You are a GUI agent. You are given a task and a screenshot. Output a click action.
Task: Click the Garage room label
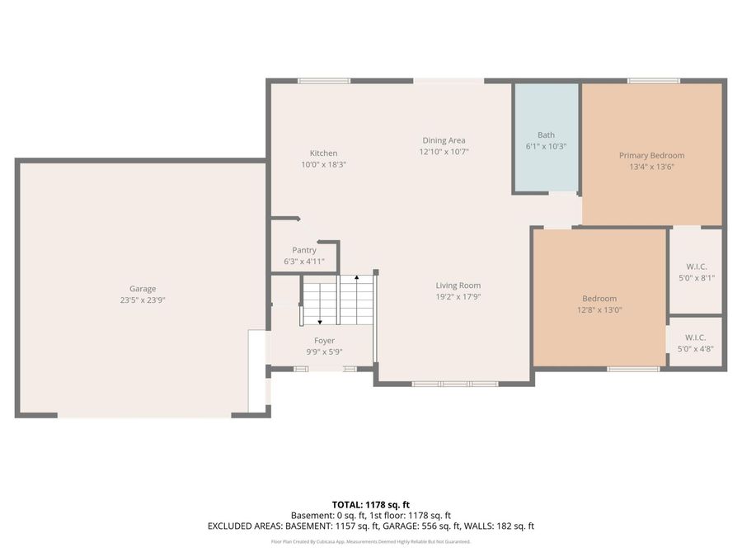(x=143, y=289)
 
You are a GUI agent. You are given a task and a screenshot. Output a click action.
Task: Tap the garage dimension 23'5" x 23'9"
(x=143, y=300)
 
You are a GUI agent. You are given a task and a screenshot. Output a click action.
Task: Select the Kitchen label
(x=323, y=153)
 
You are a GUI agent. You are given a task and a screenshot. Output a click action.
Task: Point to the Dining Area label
(x=444, y=140)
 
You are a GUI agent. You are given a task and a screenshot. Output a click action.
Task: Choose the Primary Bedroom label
(x=651, y=155)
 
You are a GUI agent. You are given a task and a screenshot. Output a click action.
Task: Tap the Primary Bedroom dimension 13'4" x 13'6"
(x=651, y=167)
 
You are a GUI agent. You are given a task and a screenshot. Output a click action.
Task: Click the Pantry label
(x=304, y=250)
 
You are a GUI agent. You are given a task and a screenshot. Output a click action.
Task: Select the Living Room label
(x=458, y=286)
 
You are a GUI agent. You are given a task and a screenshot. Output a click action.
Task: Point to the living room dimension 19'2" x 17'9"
(x=458, y=297)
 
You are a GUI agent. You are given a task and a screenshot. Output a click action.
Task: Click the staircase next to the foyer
(x=338, y=300)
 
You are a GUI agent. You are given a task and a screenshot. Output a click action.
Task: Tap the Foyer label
(x=324, y=341)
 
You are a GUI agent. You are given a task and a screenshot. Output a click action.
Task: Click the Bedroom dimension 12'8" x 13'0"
(x=599, y=310)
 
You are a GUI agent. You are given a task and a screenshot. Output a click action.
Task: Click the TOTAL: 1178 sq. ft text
(x=370, y=504)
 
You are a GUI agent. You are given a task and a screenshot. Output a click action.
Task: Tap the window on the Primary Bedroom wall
(x=653, y=81)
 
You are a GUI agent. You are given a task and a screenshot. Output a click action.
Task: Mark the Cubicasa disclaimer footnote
(x=370, y=542)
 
